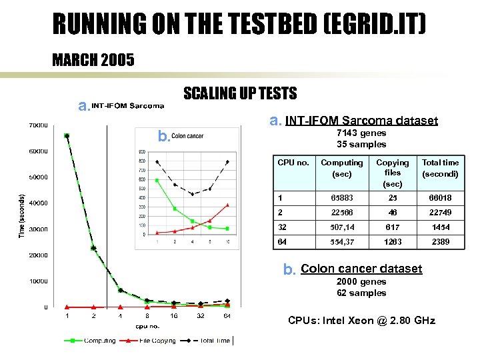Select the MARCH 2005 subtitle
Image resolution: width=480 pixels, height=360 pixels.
click(x=93, y=61)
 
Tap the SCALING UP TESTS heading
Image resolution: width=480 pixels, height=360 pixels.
click(x=240, y=93)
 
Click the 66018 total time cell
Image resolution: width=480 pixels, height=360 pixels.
click(x=440, y=198)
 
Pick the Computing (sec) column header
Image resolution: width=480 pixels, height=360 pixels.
click(x=342, y=167)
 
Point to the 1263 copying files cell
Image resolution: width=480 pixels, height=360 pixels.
click(x=393, y=242)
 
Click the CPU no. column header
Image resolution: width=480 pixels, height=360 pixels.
click(x=293, y=163)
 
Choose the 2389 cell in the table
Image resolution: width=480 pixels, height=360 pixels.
click(x=440, y=242)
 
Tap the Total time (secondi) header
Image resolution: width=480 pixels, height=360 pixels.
click(x=440, y=167)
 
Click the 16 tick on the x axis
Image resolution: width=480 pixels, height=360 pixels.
click(x=173, y=316)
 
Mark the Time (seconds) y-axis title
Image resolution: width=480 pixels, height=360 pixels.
click(x=21, y=215)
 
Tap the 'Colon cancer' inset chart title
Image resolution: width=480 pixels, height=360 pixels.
click(x=187, y=136)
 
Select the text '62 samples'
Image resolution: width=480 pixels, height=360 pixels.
click(x=361, y=293)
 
